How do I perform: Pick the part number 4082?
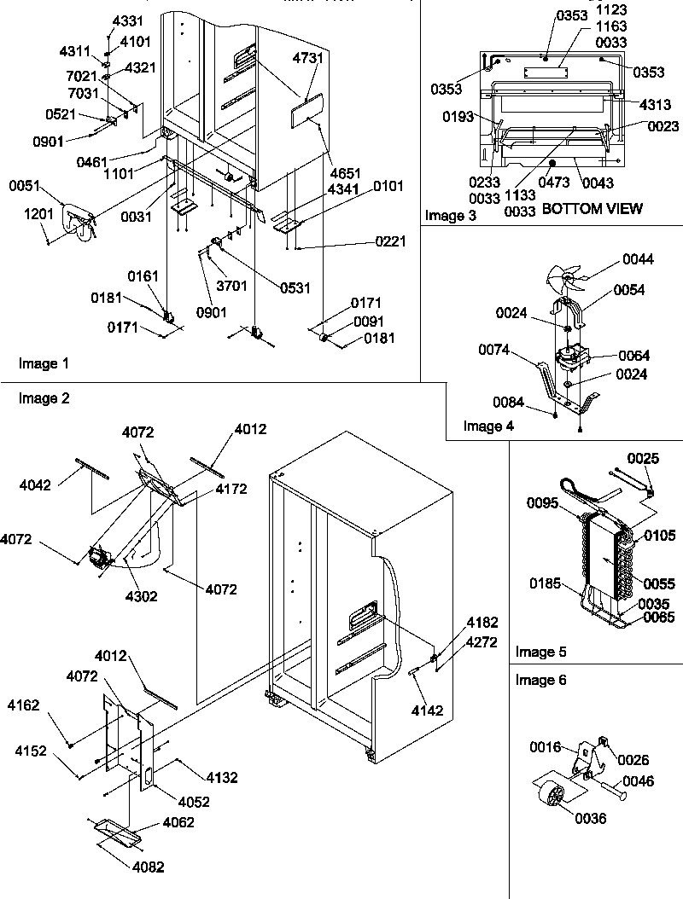(x=149, y=867)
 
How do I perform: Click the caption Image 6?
(x=541, y=680)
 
